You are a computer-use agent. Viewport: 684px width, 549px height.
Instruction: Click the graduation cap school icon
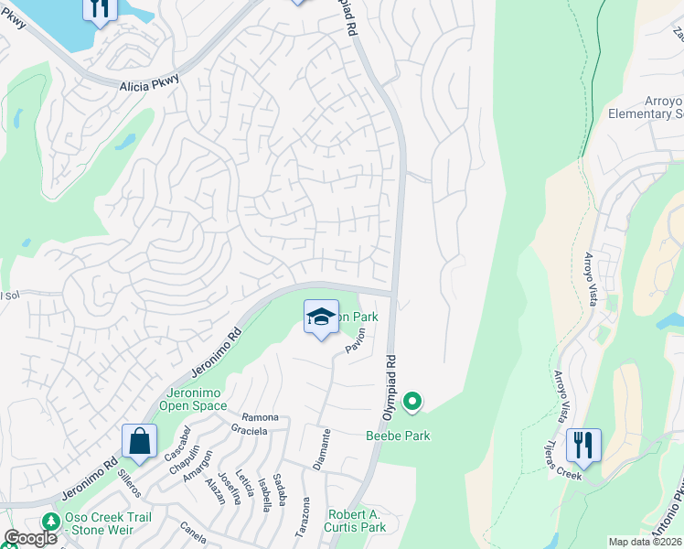click(x=320, y=318)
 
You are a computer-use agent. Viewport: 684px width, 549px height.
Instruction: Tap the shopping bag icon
click(x=138, y=441)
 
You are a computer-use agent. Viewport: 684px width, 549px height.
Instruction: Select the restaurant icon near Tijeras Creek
click(x=582, y=446)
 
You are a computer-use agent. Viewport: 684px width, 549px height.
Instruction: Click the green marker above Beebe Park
click(x=412, y=401)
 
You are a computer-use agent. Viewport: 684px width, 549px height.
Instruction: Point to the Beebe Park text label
click(x=399, y=436)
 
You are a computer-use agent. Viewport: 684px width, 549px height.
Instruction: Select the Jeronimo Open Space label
click(x=194, y=399)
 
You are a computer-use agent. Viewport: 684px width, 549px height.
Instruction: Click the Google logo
click(x=29, y=538)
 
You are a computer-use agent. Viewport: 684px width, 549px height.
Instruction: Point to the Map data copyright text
click(x=645, y=542)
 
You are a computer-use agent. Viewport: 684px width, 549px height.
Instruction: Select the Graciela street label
click(x=249, y=430)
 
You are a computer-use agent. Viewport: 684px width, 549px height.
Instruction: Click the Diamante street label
click(x=322, y=449)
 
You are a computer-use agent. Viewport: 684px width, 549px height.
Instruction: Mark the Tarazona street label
click(x=305, y=517)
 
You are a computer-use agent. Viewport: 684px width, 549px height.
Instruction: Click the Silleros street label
click(x=129, y=483)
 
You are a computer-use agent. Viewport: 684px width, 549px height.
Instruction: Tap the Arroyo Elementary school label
click(x=646, y=108)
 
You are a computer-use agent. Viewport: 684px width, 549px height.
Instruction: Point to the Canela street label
click(x=193, y=528)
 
